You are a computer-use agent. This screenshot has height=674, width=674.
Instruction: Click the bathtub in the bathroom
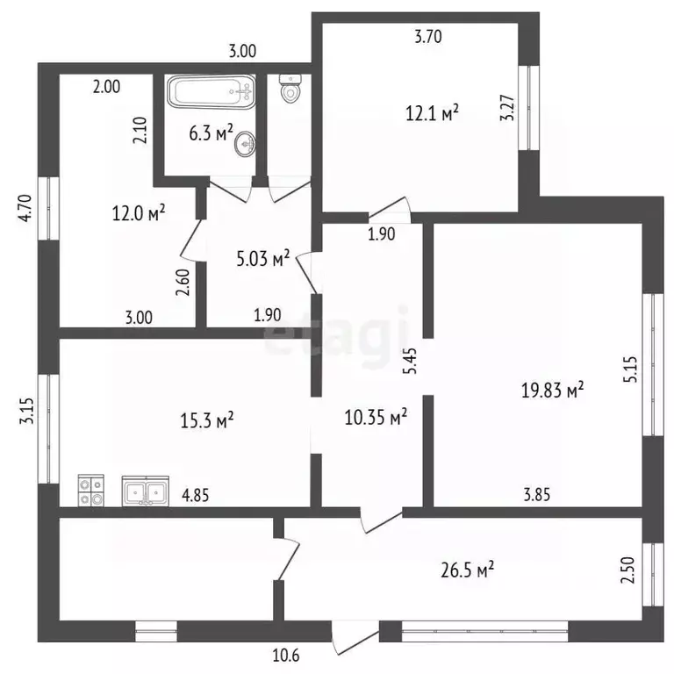tap(211, 91)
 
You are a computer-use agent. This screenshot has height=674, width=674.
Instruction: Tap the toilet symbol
tap(290, 89)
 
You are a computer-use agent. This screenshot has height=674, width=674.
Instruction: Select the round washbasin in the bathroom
tap(245, 143)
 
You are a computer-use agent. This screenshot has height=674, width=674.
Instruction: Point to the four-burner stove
tap(91, 491)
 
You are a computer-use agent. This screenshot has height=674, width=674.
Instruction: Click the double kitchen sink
tap(146, 491)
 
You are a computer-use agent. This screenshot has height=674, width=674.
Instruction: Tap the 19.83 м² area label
tap(552, 390)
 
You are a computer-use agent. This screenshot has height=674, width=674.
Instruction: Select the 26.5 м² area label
tap(467, 570)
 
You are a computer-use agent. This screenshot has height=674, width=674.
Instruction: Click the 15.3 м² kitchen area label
tap(207, 420)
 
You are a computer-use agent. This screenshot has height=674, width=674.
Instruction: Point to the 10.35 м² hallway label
tap(376, 417)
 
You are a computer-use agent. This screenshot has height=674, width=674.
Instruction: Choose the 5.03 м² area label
tap(263, 258)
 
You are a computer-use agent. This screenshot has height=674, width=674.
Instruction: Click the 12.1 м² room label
tap(432, 113)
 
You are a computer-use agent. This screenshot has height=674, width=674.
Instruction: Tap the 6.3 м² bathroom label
tap(211, 133)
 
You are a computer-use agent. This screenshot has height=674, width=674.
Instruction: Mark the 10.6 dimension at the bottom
tap(286, 656)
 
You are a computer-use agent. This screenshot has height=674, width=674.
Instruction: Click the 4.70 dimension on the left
tap(25, 208)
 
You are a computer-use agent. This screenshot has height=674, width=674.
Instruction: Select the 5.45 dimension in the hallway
tap(411, 361)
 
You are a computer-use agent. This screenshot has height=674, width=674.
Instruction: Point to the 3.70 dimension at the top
tap(428, 37)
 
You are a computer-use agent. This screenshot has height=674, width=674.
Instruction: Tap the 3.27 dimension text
tap(507, 107)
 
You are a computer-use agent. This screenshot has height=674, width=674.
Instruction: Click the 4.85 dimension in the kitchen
tap(195, 496)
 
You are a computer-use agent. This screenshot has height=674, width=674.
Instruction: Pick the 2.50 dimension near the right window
tap(627, 570)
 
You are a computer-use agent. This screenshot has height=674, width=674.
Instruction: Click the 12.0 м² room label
tap(139, 212)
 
